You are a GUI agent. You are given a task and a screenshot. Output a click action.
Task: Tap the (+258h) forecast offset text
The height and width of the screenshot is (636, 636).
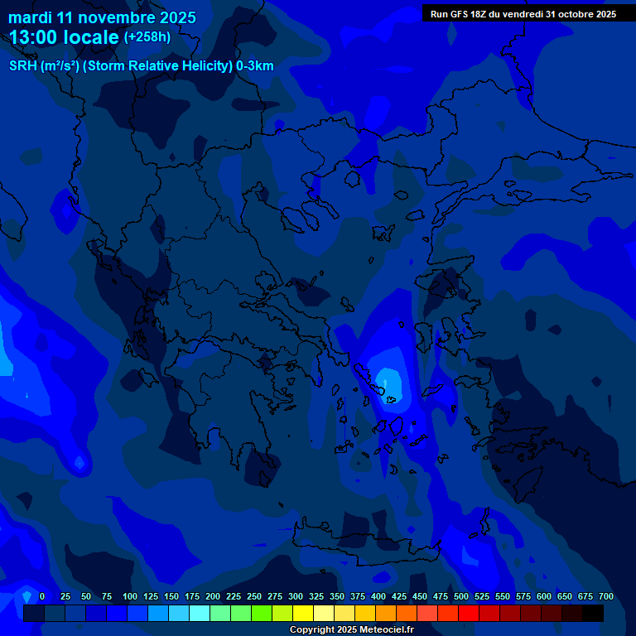(147, 36)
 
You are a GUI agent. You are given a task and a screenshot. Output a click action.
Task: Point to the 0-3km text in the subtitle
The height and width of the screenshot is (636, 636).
(255, 66)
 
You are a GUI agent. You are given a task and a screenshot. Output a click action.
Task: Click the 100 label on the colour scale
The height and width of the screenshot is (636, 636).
(129, 597)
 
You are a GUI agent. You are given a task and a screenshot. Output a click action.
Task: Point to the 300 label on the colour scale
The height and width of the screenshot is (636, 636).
(296, 597)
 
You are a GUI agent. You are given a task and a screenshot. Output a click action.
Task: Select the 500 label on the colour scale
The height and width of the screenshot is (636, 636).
(461, 597)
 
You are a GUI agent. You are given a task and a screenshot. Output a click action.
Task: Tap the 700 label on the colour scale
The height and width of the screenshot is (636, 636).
(606, 597)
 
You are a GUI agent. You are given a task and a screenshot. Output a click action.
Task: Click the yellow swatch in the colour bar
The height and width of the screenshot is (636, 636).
(303, 613)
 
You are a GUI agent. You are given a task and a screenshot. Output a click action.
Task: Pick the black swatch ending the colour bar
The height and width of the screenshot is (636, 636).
(593, 613)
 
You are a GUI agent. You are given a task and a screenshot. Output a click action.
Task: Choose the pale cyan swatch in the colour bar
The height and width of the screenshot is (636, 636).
(200, 613)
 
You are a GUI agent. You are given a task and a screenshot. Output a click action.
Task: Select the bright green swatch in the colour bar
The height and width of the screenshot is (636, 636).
(262, 613)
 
